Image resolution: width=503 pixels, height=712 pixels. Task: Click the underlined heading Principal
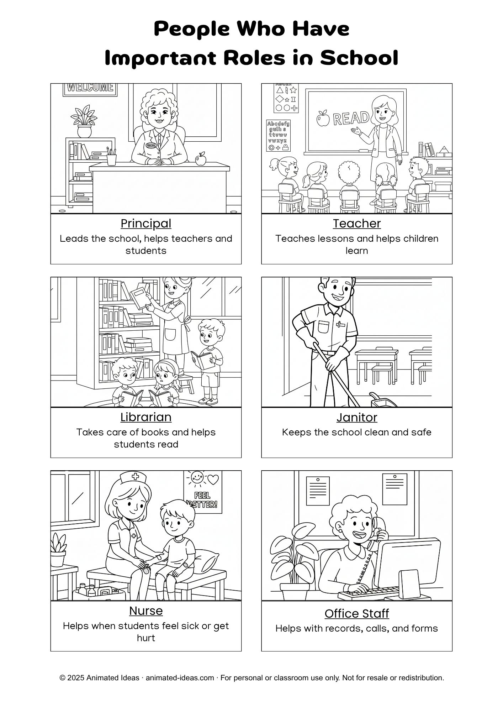[x=146, y=224]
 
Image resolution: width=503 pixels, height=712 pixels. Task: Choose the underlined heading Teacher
[x=357, y=223]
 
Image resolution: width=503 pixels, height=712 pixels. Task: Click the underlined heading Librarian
[x=146, y=417]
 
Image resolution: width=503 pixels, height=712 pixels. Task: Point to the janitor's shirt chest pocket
[x=324, y=327]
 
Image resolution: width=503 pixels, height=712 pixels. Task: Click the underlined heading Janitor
[x=357, y=417]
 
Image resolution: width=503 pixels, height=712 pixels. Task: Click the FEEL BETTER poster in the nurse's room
[x=203, y=492]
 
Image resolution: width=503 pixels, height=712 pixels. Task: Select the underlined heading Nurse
[x=146, y=611]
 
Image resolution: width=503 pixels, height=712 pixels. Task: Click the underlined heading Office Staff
[x=357, y=613]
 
